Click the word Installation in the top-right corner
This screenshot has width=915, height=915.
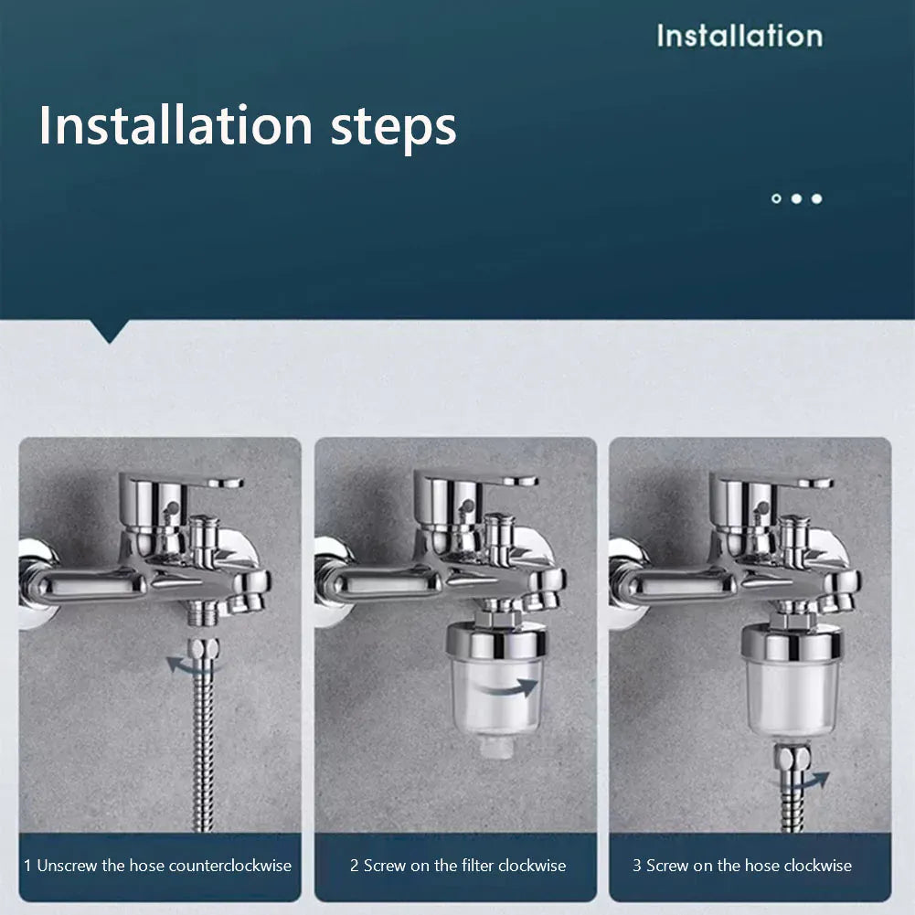coord(739,36)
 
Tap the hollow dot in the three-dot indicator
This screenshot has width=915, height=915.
coord(776,198)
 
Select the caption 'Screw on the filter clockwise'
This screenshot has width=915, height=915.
coord(457,866)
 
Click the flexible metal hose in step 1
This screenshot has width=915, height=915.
coord(202,750)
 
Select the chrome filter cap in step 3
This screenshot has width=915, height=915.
coord(791,643)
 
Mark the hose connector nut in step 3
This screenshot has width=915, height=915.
coord(790,756)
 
